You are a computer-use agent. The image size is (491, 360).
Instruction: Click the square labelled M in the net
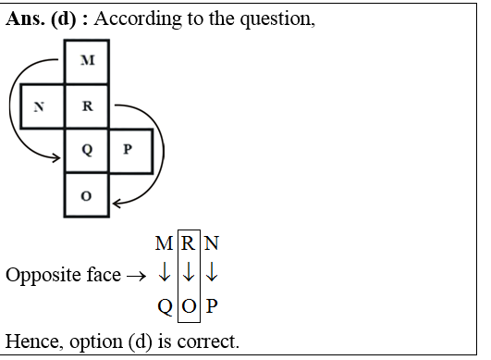(88, 61)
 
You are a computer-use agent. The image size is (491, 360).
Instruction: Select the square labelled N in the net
(40, 106)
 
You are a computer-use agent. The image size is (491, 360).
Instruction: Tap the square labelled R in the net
(88, 106)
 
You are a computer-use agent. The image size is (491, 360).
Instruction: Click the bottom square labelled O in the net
(88, 195)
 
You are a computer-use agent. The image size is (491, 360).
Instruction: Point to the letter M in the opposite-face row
(164, 244)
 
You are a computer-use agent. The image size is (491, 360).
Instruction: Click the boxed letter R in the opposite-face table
(189, 244)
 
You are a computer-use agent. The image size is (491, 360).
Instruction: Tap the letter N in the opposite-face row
(212, 244)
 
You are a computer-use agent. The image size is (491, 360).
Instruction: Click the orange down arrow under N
(212, 275)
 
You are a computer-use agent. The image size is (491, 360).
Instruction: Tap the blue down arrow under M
(164, 275)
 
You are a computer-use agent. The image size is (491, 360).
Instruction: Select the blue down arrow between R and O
(189, 275)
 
